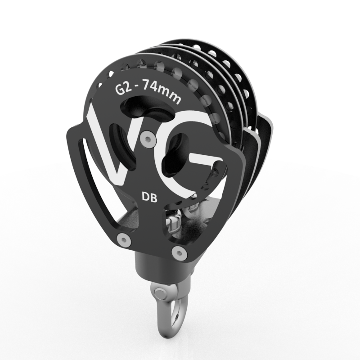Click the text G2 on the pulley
[x=124, y=89]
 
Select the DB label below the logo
[x=150, y=197]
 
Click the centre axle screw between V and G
[x=148, y=139]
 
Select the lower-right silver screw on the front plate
[x=179, y=253]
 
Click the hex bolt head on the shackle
[x=159, y=293]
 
